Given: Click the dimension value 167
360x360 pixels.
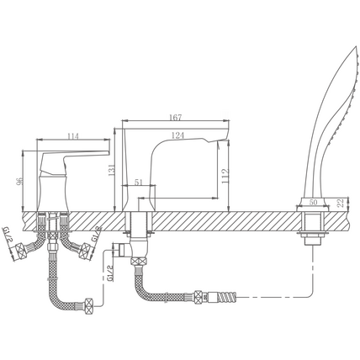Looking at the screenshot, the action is pyautogui.click(x=176, y=117).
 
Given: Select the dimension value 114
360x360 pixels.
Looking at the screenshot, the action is pyautogui.click(x=73, y=136).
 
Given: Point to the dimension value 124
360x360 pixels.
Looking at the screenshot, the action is pyautogui.click(x=177, y=135).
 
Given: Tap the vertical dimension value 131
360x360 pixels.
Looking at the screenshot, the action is pyautogui.click(x=112, y=170).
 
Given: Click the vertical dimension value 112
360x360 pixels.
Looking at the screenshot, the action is pyautogui.click(x=225, y=177).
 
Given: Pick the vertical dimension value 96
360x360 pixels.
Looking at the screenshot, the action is pyautogui.click(x=19, y=182).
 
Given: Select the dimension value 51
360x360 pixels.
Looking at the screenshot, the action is pyautogui.click(x=139, y=183).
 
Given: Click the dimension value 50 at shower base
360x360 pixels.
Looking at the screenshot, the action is pyautogui.click(x=313, y=202).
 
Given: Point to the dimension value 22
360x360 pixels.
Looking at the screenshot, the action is pyautogui.click(x=341, y=203).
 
